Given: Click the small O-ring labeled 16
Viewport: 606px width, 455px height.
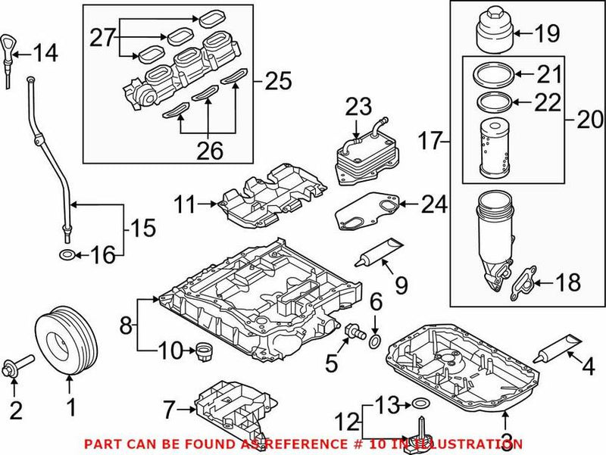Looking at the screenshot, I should (67, 254).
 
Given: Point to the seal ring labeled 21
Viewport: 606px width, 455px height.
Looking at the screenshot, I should (492, 74).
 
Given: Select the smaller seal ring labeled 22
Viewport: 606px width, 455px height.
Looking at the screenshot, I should (492, 101).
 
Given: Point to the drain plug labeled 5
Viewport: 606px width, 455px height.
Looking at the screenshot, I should (353, 331).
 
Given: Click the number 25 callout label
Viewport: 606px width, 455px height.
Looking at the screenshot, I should (277, 80).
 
